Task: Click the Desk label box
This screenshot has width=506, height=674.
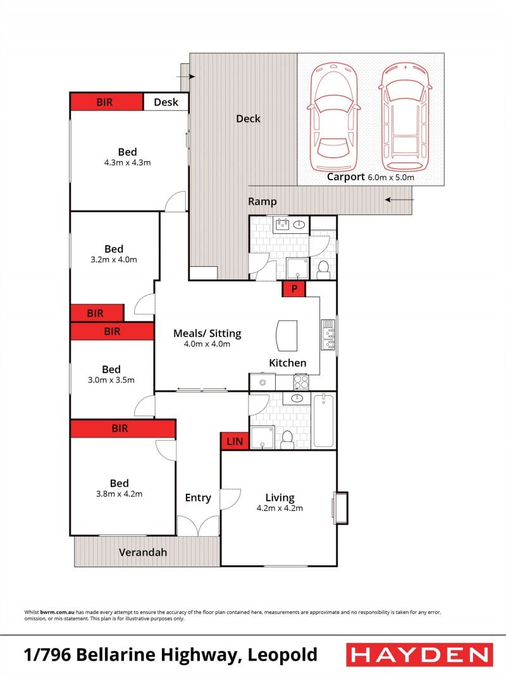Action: tap(166, 102)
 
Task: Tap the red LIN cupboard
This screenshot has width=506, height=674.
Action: tap(235, 441)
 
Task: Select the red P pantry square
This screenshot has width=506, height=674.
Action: tap(294, 288)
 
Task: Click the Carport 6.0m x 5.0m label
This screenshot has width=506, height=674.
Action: tap(370, 176)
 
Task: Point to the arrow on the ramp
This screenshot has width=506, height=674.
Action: tap(399, 200)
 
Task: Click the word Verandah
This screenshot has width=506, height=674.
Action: tap(143, 553)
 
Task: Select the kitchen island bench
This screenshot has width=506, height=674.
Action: tap(287, 335)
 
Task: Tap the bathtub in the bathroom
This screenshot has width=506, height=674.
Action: tap(323, 421)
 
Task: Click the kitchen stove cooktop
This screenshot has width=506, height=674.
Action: tap(301, 382)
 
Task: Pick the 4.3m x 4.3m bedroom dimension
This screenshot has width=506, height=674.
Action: tap(127, 163)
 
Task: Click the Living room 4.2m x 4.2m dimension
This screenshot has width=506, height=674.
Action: tap(280, 508)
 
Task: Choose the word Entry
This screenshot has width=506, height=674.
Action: tap(198, 498)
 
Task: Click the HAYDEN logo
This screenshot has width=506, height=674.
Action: tap(419, 655)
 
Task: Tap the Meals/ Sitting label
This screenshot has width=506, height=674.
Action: tap(207, 333)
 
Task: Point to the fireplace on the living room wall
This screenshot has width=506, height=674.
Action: tap(340, 508)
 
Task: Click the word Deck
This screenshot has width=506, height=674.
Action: tap(248, 119)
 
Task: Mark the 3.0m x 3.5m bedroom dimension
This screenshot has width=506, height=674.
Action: tap(111, 380)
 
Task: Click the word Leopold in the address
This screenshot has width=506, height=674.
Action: tap(283, 655)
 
